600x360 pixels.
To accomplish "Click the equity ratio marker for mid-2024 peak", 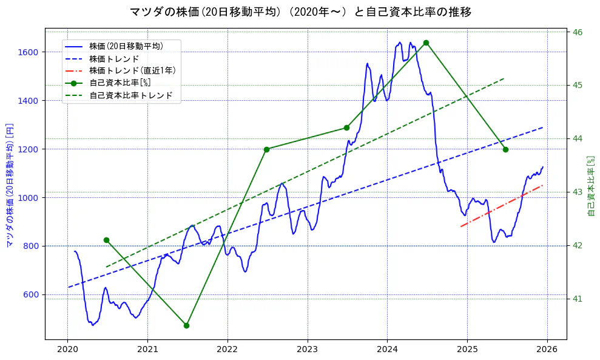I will click(426, 42).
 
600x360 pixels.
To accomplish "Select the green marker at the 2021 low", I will click(186, 325).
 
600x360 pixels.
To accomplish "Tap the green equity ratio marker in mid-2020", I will click(106, 240).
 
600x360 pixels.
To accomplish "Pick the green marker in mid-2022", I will click(266, 149).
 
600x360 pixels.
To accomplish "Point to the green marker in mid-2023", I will click(346, 127).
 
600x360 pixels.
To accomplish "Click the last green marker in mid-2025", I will click(505, 149).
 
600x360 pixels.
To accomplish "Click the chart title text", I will click(300, 12).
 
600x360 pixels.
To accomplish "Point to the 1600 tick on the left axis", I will click(30, 52).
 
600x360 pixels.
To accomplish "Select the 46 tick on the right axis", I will click(577, 32).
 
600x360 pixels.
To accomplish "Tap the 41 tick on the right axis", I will click(576, 299).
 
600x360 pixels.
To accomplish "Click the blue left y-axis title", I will click(10, 184).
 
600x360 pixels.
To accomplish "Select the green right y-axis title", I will click(592, 185).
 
